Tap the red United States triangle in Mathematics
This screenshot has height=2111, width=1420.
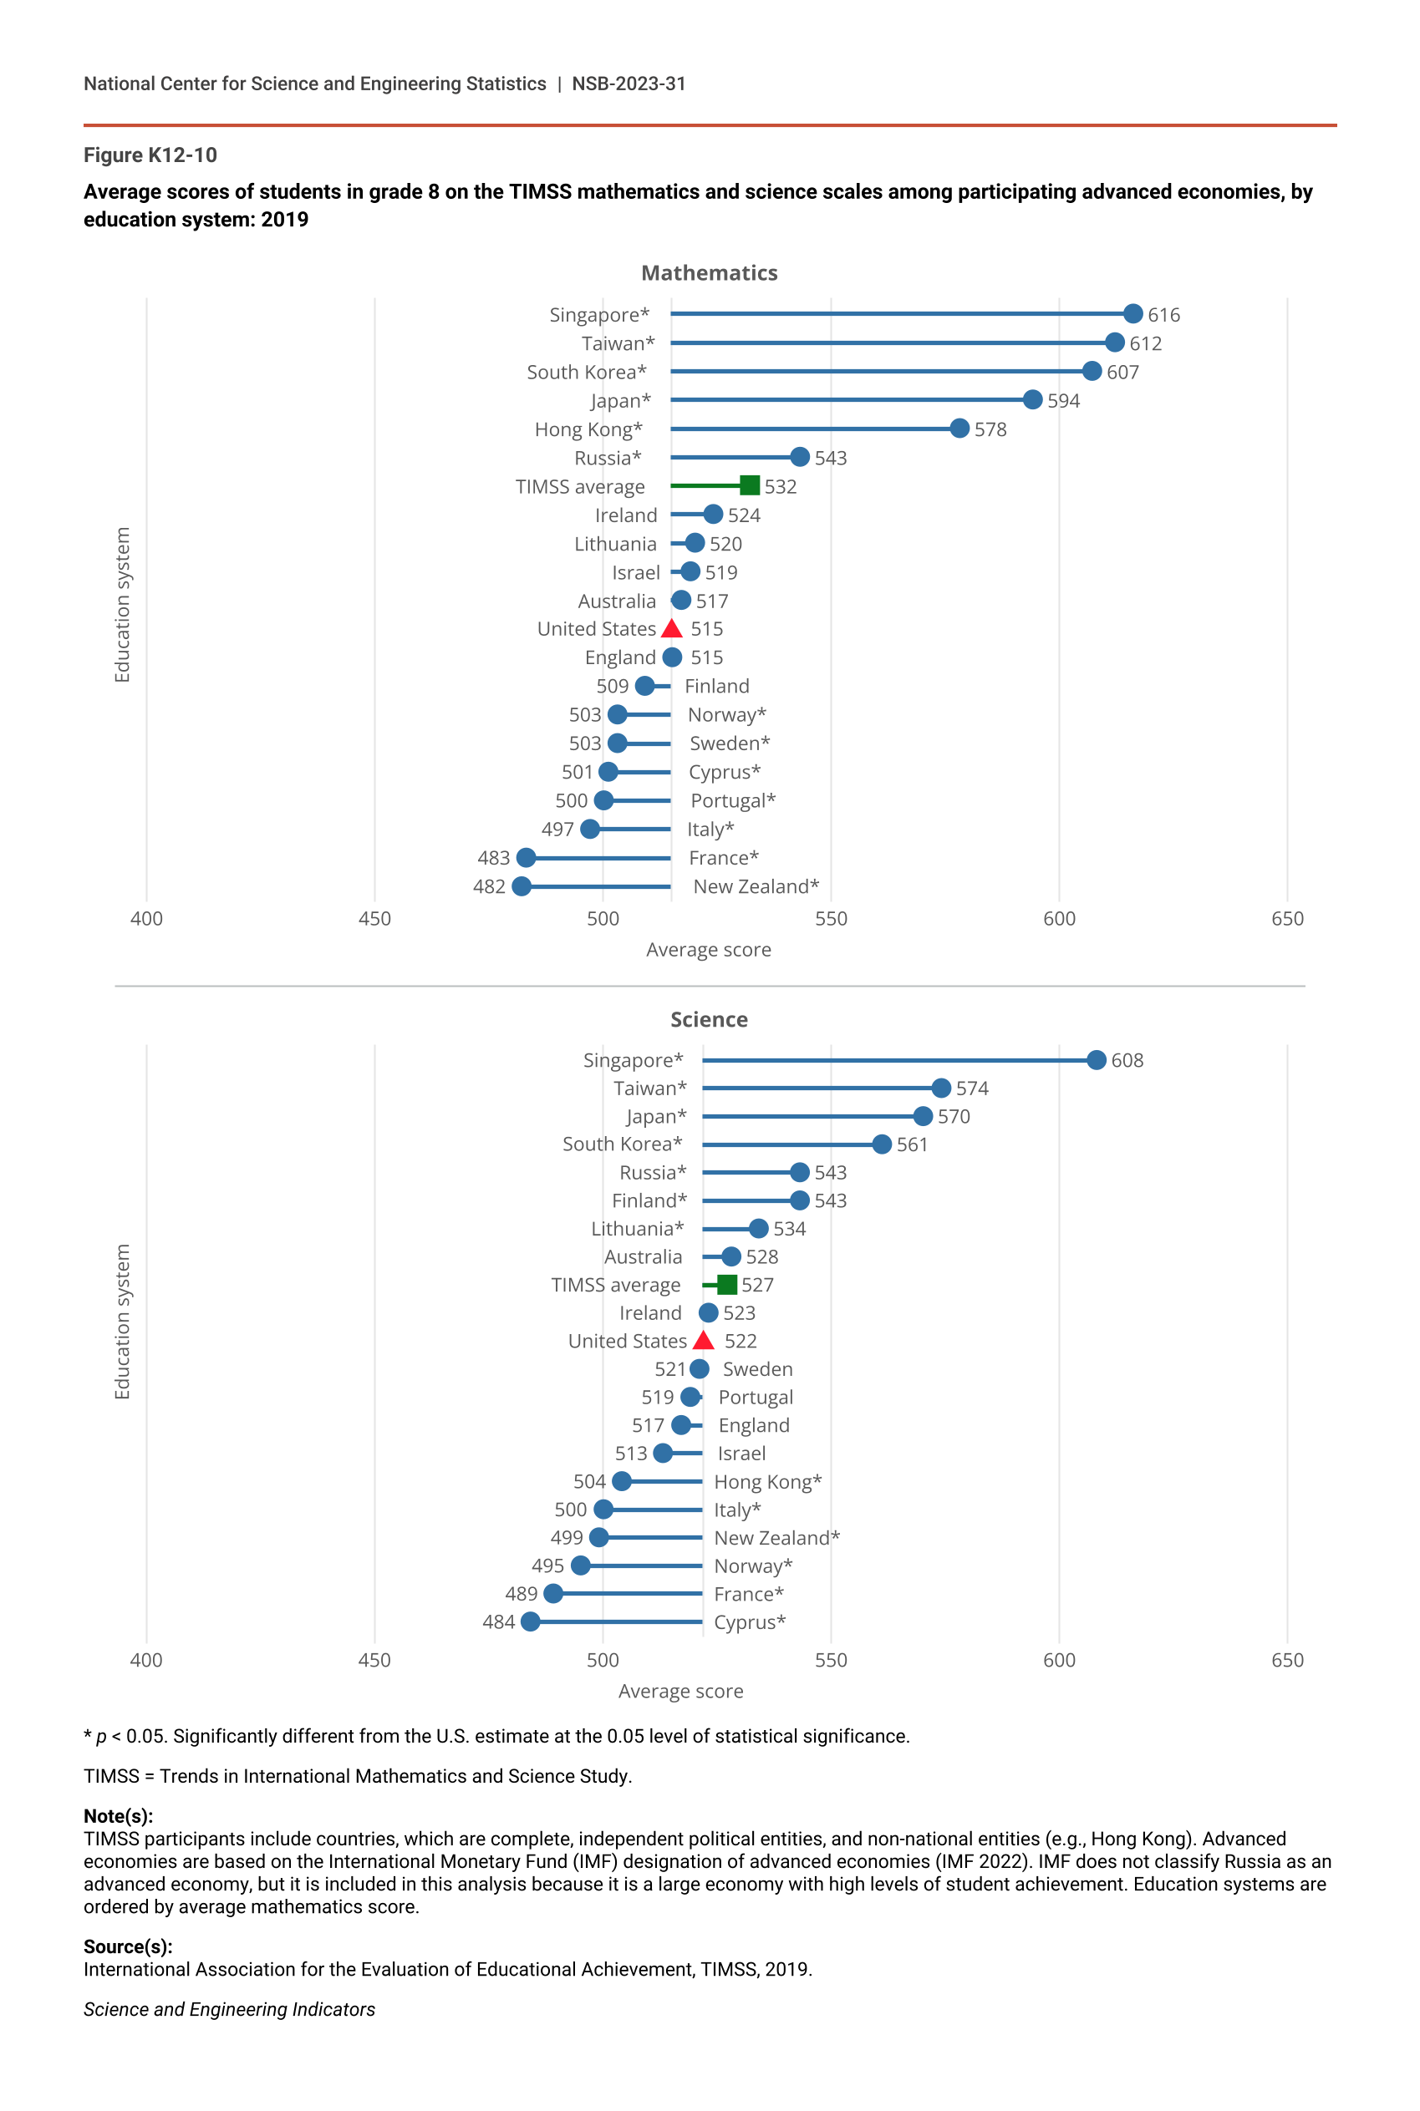tap(672, 629)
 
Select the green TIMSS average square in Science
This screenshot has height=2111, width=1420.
tap(726, 1285)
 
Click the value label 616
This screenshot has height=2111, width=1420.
tap(1163, 315)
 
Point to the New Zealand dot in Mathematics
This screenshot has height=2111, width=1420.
tap(522, 886)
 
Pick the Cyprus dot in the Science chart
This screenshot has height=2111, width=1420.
tap(531, 1621)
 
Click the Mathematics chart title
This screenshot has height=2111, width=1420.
tap(709, 272)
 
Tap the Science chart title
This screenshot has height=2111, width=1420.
tap(709, 1019)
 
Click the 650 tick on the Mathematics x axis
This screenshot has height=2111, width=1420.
tap(1287, 919)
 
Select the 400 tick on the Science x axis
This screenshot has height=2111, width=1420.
tap(147, 1660)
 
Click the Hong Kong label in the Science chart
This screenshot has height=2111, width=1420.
tap(767, 1482)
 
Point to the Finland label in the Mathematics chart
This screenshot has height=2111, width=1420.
tap(716, 686)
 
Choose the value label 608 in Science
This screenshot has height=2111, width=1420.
tap(1127, 1060)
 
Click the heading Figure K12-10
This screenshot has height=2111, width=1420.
tap(150, 155)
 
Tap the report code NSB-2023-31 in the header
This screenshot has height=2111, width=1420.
tap(629, 84)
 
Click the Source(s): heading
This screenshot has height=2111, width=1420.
tap(128, 1946)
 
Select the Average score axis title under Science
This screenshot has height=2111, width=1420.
tap(680, 1691)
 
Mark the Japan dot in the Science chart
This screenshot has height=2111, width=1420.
tap(923, 1116)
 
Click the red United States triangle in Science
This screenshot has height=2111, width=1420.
tap(704, 1341)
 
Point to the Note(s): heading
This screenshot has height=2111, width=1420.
tap(119, 1816)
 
